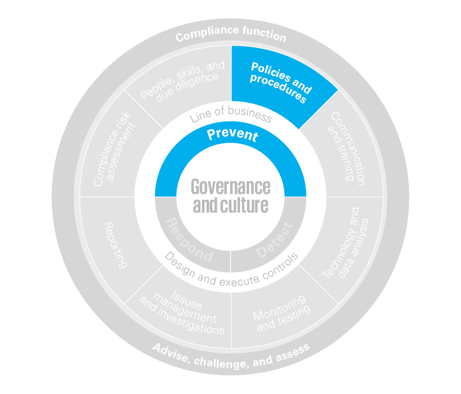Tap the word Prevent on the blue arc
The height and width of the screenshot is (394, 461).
(232, 135)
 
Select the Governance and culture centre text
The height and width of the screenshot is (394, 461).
(230, 196)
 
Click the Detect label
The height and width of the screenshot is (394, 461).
(274, 240)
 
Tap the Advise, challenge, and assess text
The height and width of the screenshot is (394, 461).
(230, 356)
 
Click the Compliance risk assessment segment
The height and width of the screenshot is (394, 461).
(114, 151)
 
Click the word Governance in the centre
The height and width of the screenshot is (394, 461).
(230, 187)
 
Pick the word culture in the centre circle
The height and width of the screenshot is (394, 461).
(247, 205)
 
